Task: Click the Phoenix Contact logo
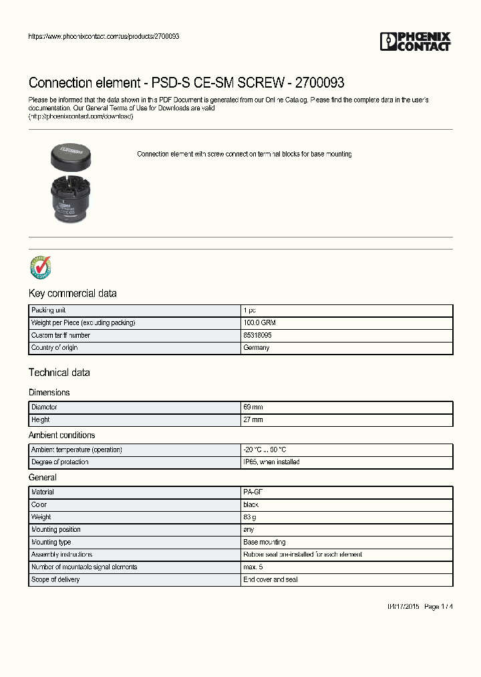(x=415, y=41)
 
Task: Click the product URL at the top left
(x=104, y=36)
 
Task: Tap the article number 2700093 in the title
(x=321, y=83)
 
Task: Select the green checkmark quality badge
(x=41, y=267)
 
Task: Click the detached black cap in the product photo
(x=70, y=157)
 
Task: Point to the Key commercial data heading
(x=72, y=294)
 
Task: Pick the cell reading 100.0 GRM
(x=259, y=323)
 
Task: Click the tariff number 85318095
(x=257, y=335)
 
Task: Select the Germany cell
(x=257, y=348)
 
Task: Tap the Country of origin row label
(x=57, y=348)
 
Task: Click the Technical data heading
(x=59, y=373)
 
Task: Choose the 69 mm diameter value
(x=254, y=407)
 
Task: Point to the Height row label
(x=41, y=420)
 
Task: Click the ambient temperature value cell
(x=266, y=450)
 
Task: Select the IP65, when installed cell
(x=271, y=462)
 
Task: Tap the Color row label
(x=39, y=505)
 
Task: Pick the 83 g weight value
(x=250, y=517)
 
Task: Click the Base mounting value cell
(x=265, y=543)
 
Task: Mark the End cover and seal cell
(x=271, y=580)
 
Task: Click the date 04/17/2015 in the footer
(x=403, y=607)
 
